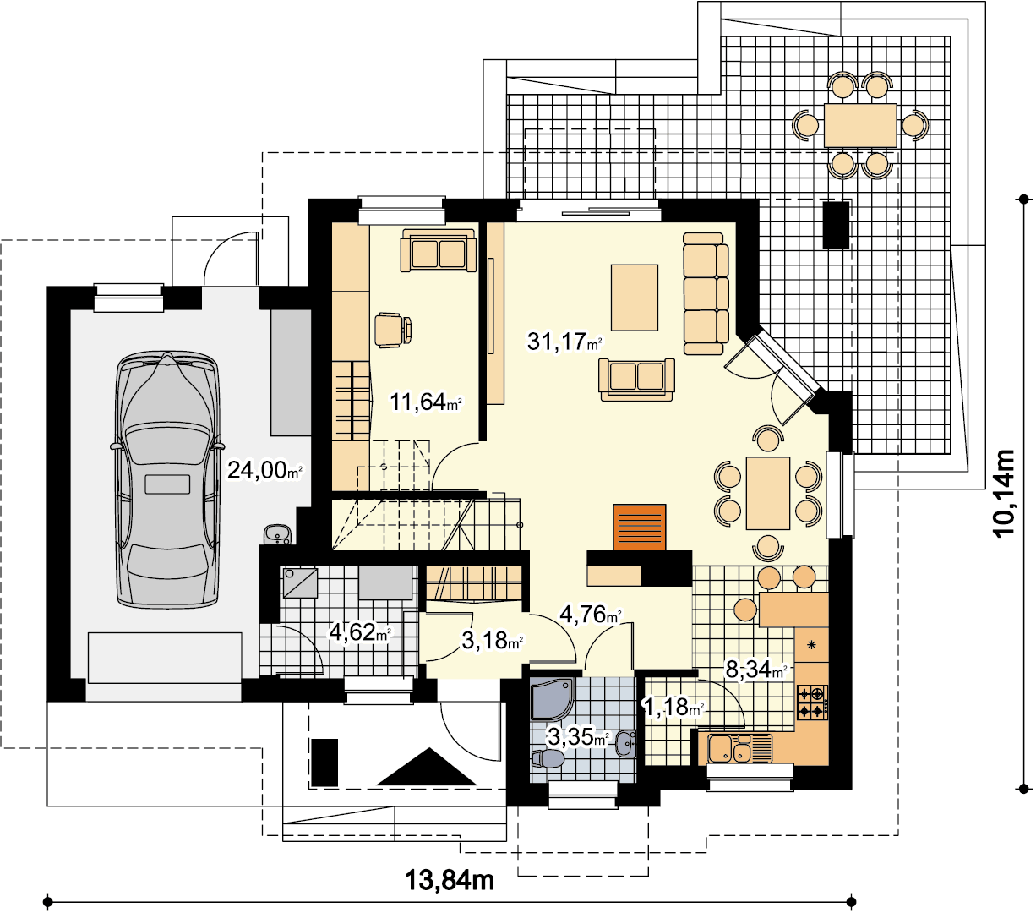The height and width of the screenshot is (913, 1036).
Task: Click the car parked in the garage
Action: [167, 479]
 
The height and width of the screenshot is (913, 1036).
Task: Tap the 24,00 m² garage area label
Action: [264, 469]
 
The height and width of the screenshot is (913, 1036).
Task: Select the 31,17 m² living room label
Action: [564, 342]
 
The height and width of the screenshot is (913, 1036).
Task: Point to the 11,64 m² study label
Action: [426, 402]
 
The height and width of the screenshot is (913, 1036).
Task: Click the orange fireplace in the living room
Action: [640, 528]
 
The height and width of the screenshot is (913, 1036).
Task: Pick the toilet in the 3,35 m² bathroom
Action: [548, 758]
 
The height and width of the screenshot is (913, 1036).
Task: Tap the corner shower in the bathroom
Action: [553, 699]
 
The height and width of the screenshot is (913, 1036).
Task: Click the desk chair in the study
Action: [393, 331]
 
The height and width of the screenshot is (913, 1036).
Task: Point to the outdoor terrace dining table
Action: [860, 125]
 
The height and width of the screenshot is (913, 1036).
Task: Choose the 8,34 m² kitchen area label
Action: [755, 669]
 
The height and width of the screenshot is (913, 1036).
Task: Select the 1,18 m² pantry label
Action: [673, 707]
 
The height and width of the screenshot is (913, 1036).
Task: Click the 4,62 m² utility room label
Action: [360, 632]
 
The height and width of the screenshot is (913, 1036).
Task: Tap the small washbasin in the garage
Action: [277, 534]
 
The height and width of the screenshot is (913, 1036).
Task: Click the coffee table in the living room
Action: [635, 298]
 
